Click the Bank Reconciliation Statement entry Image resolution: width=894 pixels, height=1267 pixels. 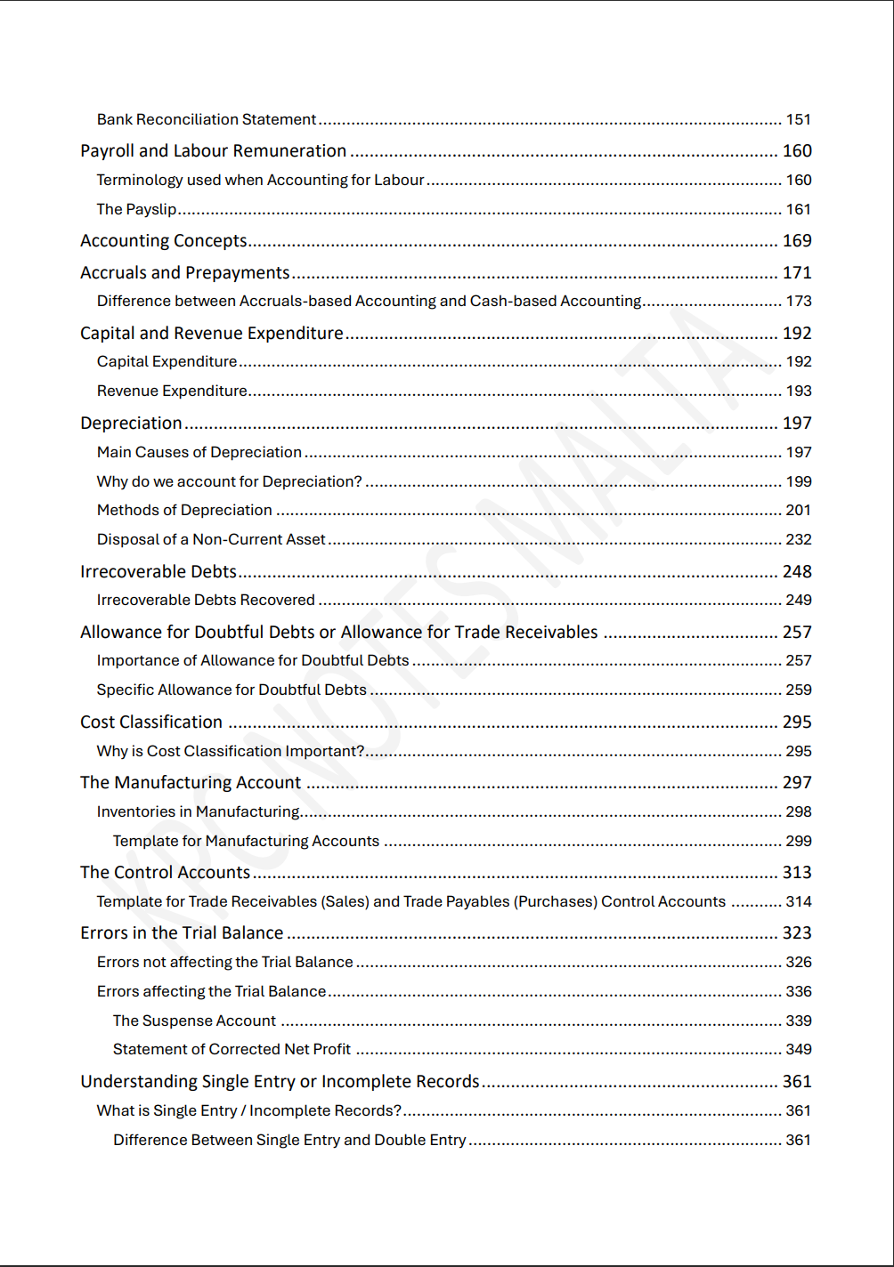[x=207, y=119]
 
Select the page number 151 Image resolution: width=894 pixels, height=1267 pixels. [x=798, y=119]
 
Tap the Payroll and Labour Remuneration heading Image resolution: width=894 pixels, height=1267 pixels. [x=213, y=151]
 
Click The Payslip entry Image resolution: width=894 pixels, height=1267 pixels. [x=136, y=209]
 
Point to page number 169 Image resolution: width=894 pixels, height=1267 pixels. [x=797, y=241]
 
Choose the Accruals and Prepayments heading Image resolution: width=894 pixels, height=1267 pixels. [x=184, y=273]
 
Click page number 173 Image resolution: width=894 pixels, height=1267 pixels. [x=798, y=302]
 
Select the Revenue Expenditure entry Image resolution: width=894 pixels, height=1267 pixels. [x=172, y=391]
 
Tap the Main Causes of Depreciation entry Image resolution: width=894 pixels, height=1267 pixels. [x=199, y=452]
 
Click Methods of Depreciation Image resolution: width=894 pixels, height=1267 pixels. [x=184, y=510]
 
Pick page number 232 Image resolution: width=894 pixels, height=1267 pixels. [x=798, y=539]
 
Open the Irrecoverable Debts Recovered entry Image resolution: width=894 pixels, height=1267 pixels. [x=206, y=600]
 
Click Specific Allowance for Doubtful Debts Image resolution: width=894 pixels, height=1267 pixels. [x=232, y=690]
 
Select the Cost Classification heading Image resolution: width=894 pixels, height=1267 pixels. [x=151, y=722]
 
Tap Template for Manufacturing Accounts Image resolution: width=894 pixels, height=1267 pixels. [x=246, y=841]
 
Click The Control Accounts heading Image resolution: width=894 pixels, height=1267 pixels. [x=165, y=873]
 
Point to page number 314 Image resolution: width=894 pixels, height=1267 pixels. [x=798, y=901]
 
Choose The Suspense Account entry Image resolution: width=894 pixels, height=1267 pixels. [x=194, y=1021]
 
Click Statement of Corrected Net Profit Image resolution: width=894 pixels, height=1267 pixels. [x=232, y=1049]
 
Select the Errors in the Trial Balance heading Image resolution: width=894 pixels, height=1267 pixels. [x=182, y=933]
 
